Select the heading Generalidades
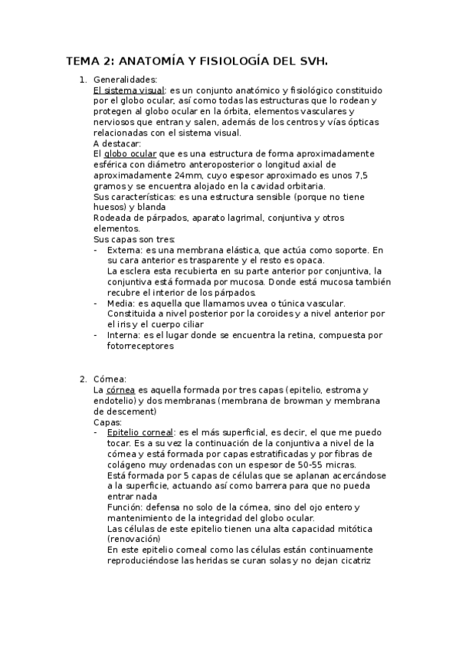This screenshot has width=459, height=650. (x=125, y=79)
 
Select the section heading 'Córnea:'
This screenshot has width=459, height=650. (x=110, y=379)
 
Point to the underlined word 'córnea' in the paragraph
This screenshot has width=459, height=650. (x=120, y=389)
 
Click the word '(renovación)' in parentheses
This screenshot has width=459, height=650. (x=134, y=539)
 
